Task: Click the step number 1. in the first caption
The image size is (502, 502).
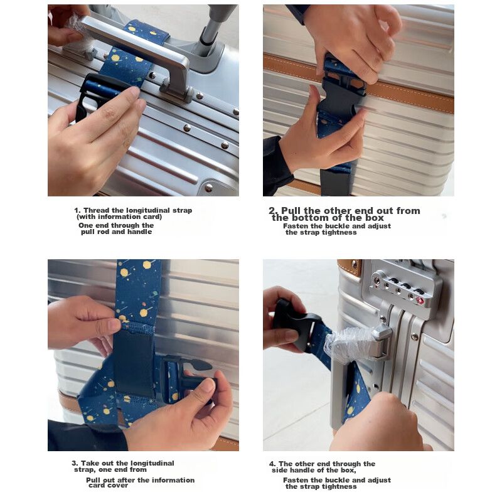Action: (x=77, y=211)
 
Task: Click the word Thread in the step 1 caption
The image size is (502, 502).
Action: (x=94, y=211)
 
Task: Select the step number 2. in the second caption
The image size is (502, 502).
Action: (x=274, y=211)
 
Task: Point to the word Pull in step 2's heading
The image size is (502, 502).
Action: (x=291, y=211)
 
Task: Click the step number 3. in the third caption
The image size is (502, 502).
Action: (x=75, y=463)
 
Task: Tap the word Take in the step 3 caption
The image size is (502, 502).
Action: (x=89, y=463)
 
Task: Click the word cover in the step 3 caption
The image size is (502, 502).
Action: (x=117, y=485)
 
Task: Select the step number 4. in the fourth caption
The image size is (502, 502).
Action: (x=272, y=464)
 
